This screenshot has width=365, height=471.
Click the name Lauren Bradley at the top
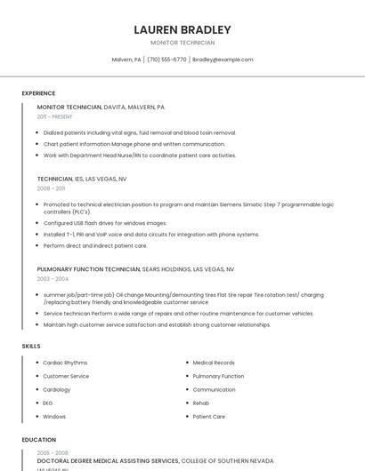click(182, 29)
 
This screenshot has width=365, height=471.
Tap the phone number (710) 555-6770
click(166, 60)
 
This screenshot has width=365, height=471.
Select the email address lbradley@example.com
click(223, 60)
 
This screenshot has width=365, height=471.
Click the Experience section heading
click(38, 93)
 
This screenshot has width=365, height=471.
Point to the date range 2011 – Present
click(55, 116)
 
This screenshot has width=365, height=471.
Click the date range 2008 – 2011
click(51, 188)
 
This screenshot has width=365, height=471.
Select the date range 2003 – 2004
click(53, 278)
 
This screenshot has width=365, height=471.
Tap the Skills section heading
click(31, 346)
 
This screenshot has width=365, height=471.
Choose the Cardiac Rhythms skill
click(65, 363)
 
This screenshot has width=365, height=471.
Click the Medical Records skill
click(214, 363)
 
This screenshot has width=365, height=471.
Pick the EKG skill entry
click(48, 403)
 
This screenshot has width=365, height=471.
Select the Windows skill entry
click(54, 416)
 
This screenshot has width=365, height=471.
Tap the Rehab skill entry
click(201, 403)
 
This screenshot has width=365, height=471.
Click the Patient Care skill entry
click(209, 416)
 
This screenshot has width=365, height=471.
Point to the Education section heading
click(38, 440)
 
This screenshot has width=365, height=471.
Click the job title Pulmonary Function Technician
click(88, 268)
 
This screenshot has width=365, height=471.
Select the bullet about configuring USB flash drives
click(105, 223)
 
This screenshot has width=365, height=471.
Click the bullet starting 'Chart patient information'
click(134, 144)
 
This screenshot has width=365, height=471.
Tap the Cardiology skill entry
click(57, 389)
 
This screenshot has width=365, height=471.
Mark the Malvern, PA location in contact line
click(126, 60)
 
